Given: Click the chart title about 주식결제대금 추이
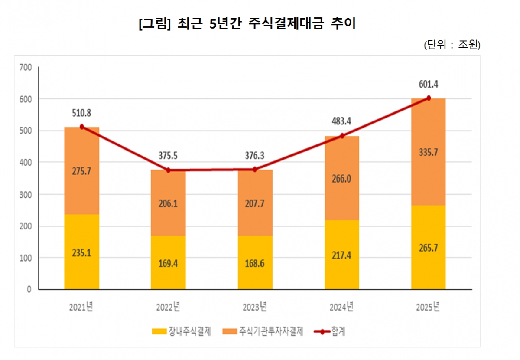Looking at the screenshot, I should coord(247,24).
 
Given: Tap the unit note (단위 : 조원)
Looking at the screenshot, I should coord(452,45).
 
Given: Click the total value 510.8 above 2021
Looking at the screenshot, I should coord(81,113).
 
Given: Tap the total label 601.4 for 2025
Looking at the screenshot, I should coord(428,85).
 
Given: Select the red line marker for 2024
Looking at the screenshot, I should coord(342,136).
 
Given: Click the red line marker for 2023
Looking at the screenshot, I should coord(255,170).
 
